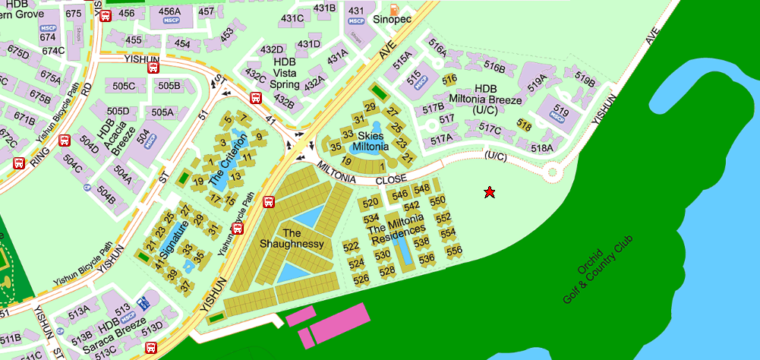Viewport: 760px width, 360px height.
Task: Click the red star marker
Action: [x=490, y=193]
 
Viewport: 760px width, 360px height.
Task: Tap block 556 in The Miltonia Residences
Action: [x=453, y=251]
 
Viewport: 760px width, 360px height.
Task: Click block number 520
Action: [x=371, y=203]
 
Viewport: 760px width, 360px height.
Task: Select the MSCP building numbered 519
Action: [x=560, y=114]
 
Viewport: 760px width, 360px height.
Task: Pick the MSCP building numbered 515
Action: [x=415, y=78]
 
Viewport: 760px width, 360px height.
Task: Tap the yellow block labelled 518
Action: [x=523, y=125]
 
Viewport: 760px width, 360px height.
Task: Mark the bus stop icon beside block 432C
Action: [x=257, y=97]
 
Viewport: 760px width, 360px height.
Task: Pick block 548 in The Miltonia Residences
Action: [x=421, y=188]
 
